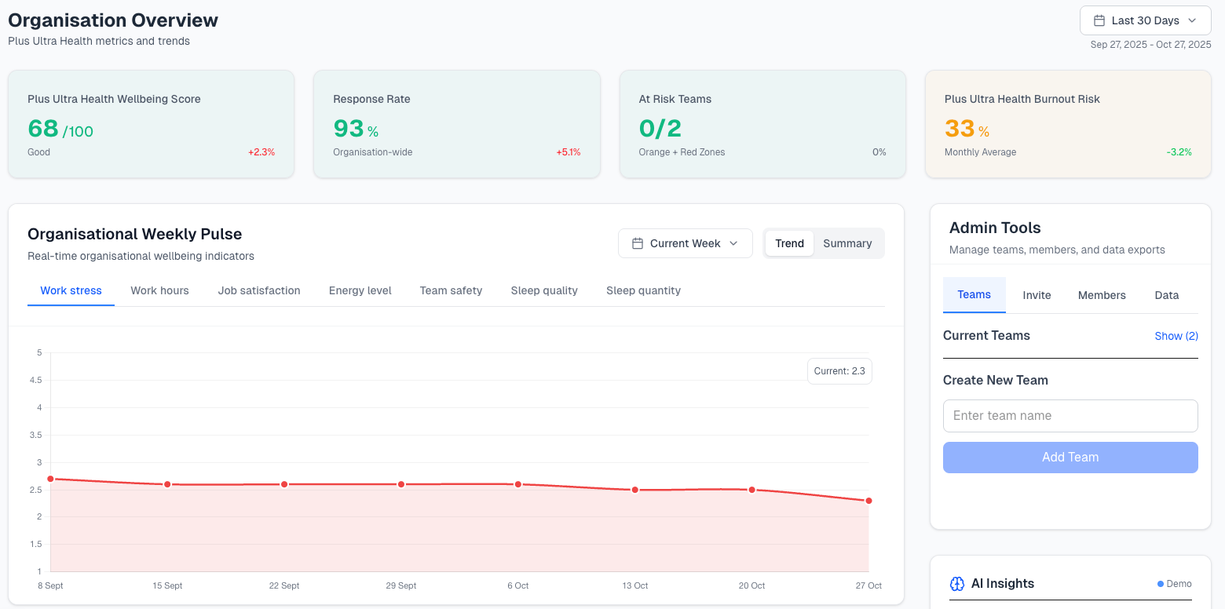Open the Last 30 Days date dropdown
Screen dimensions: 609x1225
[x=1145, y=20]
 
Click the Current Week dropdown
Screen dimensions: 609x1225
[x=685, y=243]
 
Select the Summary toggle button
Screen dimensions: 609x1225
[x=847, y=243]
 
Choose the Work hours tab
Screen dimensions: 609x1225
[x=159, y=290]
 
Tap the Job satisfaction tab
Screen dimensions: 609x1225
[x=259, y=290]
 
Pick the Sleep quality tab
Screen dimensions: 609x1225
[x=544, y=290]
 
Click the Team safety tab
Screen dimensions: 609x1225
[x=451, y=290]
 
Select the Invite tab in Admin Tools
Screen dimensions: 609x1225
[x=1037, y=295]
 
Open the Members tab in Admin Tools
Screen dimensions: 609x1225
[x=1102, y=295]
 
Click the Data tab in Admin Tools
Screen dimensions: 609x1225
[x=1166, y=295]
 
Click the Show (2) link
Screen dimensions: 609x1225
[x=1176, y=336]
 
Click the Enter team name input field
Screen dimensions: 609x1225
[x=1070, y=416]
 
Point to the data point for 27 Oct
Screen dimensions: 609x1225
[x=868, y=501]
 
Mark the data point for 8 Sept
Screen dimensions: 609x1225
[x=50, y=479]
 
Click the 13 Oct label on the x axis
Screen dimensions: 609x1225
[x=634, y=585]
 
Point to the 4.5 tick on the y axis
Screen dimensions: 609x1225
[x=35, y=380]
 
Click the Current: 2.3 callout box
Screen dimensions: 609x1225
[x=839, y=371]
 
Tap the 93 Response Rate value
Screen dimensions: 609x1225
[x=349, y=128]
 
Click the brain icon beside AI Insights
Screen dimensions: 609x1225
[x=956, y=584]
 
